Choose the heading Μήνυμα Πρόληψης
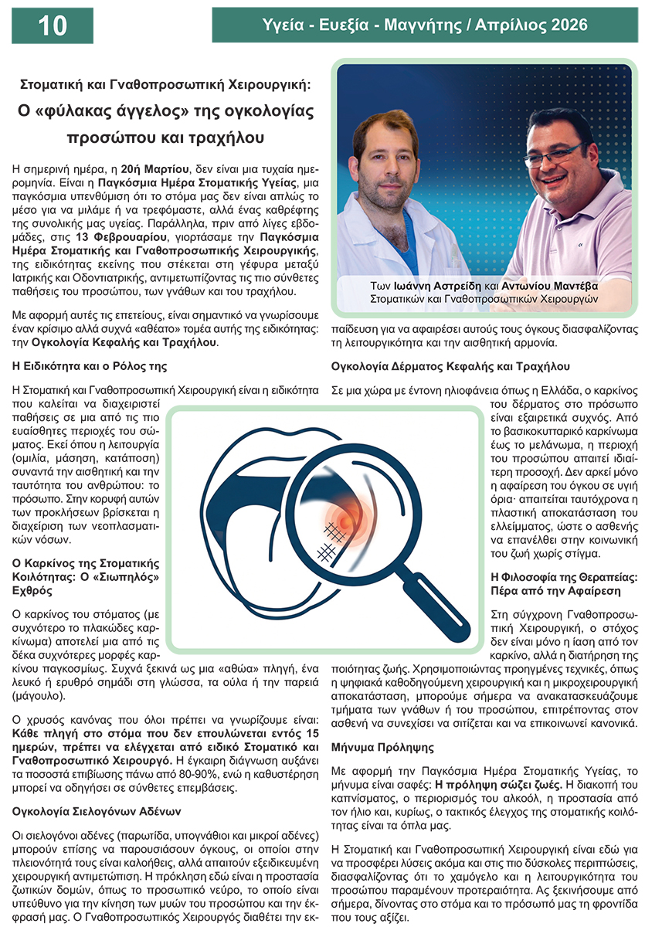pyautogui.click(x=382, y=748)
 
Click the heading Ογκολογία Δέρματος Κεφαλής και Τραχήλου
pyautogui.click(x=450, y=365)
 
